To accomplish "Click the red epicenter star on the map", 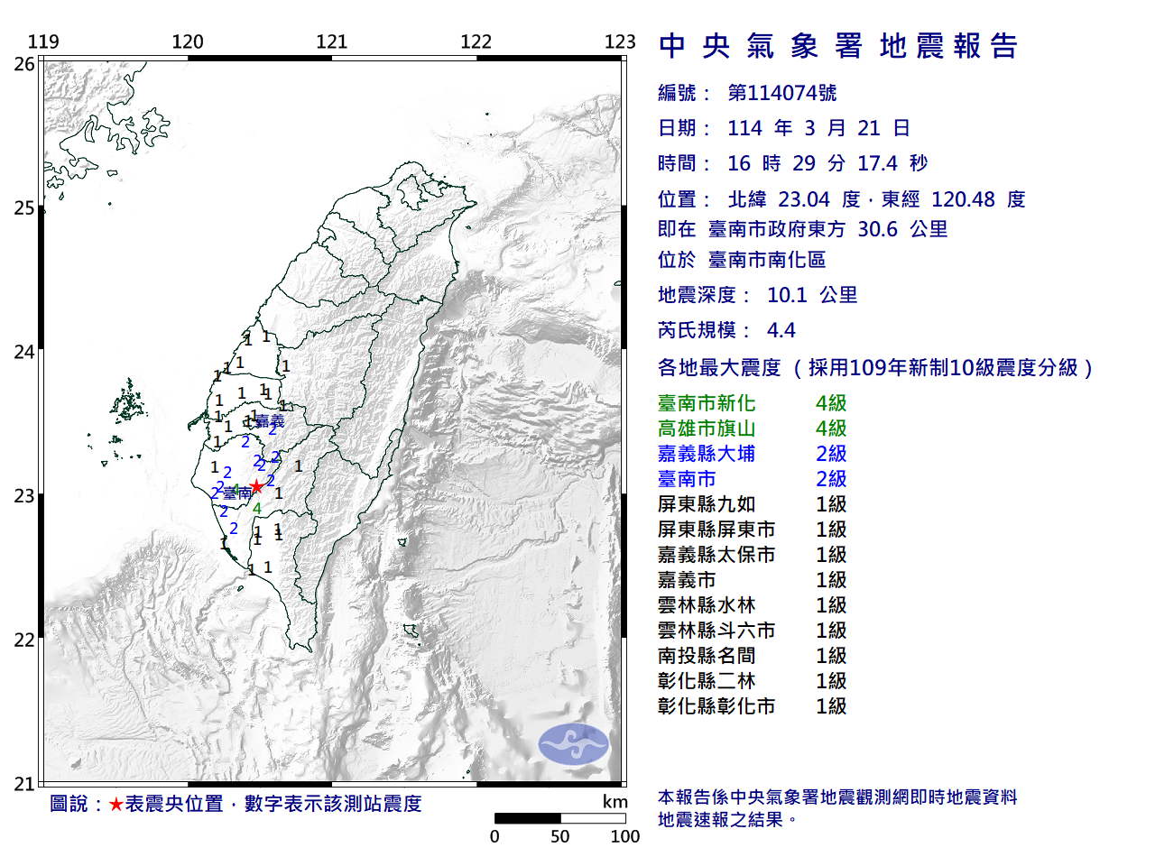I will [256, 486].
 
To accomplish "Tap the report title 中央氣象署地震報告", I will [838, 46].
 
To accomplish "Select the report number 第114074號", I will [781, 93].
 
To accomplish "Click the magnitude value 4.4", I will [781, 330].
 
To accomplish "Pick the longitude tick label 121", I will [331, 41].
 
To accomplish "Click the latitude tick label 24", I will [24, 352].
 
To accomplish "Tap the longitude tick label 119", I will [43, 41].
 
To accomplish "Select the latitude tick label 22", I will [24, 640].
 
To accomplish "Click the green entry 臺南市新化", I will [707, 403].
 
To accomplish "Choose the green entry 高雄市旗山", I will [707, 428].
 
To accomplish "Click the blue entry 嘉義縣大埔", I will [707, 454].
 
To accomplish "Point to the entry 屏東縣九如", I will [707, 504].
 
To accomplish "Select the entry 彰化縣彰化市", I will [716, 706].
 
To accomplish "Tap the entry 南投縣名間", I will [707, 656].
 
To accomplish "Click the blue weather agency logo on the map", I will [573, 744].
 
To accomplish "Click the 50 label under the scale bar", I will [559, 836].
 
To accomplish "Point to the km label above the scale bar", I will [614, 802].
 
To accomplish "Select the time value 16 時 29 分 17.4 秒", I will [827, 163].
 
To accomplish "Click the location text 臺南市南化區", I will [766, 260].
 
